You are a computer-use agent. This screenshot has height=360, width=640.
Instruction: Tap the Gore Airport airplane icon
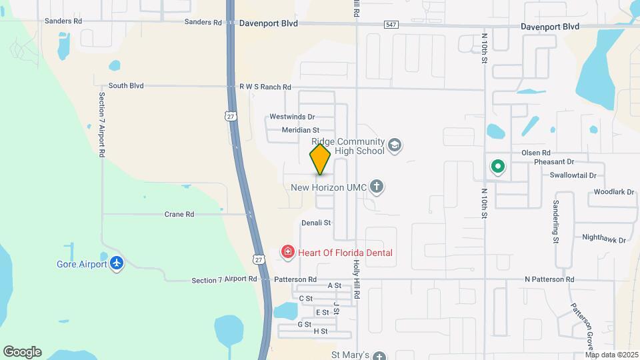click(117, 263)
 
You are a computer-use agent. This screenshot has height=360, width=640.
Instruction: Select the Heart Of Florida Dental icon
click(287, 252)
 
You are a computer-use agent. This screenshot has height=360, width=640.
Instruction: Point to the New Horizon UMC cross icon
click(377, 187)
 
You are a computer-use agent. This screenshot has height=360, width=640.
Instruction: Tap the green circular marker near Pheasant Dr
click(497, 167)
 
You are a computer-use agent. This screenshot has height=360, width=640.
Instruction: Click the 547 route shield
click(391, 25)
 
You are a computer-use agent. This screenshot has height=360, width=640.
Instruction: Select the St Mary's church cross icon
click(379, 355)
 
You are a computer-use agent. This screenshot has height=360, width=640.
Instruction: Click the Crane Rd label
click(179, 215)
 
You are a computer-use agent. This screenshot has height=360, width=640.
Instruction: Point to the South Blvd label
click(126, 86)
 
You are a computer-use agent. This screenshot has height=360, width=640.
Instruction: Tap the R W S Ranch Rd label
click(265, 87)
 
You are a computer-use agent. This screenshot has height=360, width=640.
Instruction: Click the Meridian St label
click(301, 130)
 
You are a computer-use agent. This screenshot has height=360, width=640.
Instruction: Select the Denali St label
click(316, 223)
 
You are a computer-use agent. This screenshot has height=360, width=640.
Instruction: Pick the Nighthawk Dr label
click(605, 239)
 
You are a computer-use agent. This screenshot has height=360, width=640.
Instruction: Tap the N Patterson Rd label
click(549, 279)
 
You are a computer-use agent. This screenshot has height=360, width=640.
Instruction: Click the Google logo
click(22, 352)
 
